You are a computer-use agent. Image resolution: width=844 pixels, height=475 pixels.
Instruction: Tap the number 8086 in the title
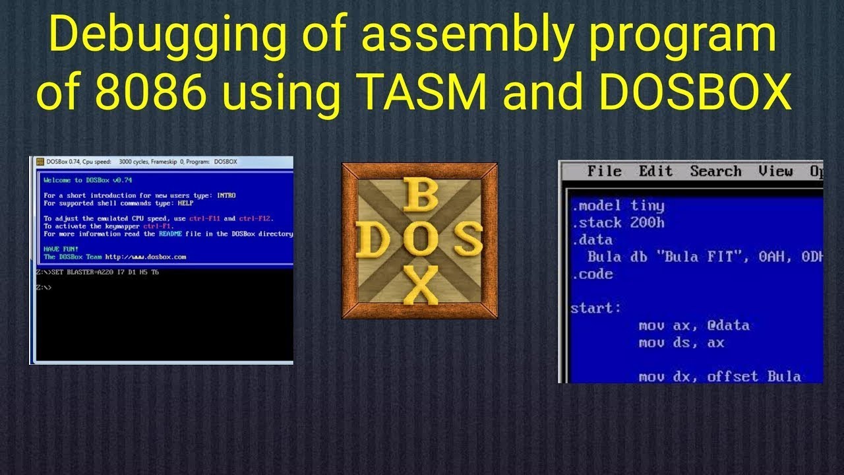pyautogui.click(x=136, y=94)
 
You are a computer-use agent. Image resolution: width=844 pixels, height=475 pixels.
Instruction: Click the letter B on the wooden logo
pyautogui.click(x=419, y=196)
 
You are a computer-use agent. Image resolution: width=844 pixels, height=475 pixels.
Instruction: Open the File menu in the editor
pyautogui.click(x=604, y=172)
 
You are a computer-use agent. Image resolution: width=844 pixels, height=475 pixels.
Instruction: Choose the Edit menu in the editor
pyautogui.click(x=655, y=172)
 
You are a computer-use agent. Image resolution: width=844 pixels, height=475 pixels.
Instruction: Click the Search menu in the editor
pyautogui.click(x=715, y=172)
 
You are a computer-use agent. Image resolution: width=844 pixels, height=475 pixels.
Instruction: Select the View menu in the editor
pyautogui.click(x=775, y=172)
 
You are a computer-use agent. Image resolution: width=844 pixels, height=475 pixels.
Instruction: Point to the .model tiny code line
pyautogui.click(x=618, y=206)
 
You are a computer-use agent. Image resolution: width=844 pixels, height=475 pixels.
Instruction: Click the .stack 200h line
pyautogui.click(x=618, y=223)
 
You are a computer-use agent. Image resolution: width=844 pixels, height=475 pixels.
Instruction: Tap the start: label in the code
pyautogui.click(x=596, y=308)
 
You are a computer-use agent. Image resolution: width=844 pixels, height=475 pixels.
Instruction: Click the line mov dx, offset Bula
pyautogui.click(x=719, y=377)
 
